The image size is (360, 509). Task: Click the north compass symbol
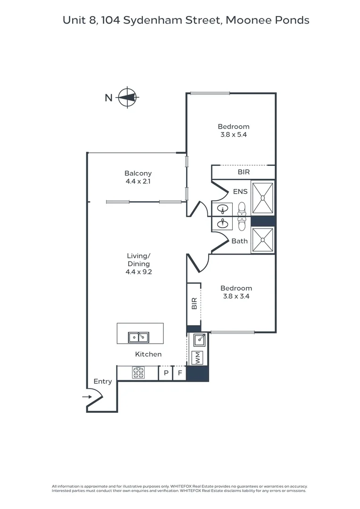click(x=127, y=98)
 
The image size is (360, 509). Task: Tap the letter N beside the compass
click(x=108, y=98)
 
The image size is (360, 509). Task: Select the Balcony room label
click(x=138, y=173)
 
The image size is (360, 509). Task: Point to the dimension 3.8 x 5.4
click(x=233, y=134)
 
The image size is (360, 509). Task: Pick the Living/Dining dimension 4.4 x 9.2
click(x=138, y=272)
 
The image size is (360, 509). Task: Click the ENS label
click(x=240, y=192)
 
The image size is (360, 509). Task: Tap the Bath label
click(x=239, y=241)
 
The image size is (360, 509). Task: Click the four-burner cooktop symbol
click(x=138, y=373)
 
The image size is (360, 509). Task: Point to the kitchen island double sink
click(x=139, y=337)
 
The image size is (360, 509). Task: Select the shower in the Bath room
click(x=262, y=240)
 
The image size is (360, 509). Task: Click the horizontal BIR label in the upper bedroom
click(x=244, y=172)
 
